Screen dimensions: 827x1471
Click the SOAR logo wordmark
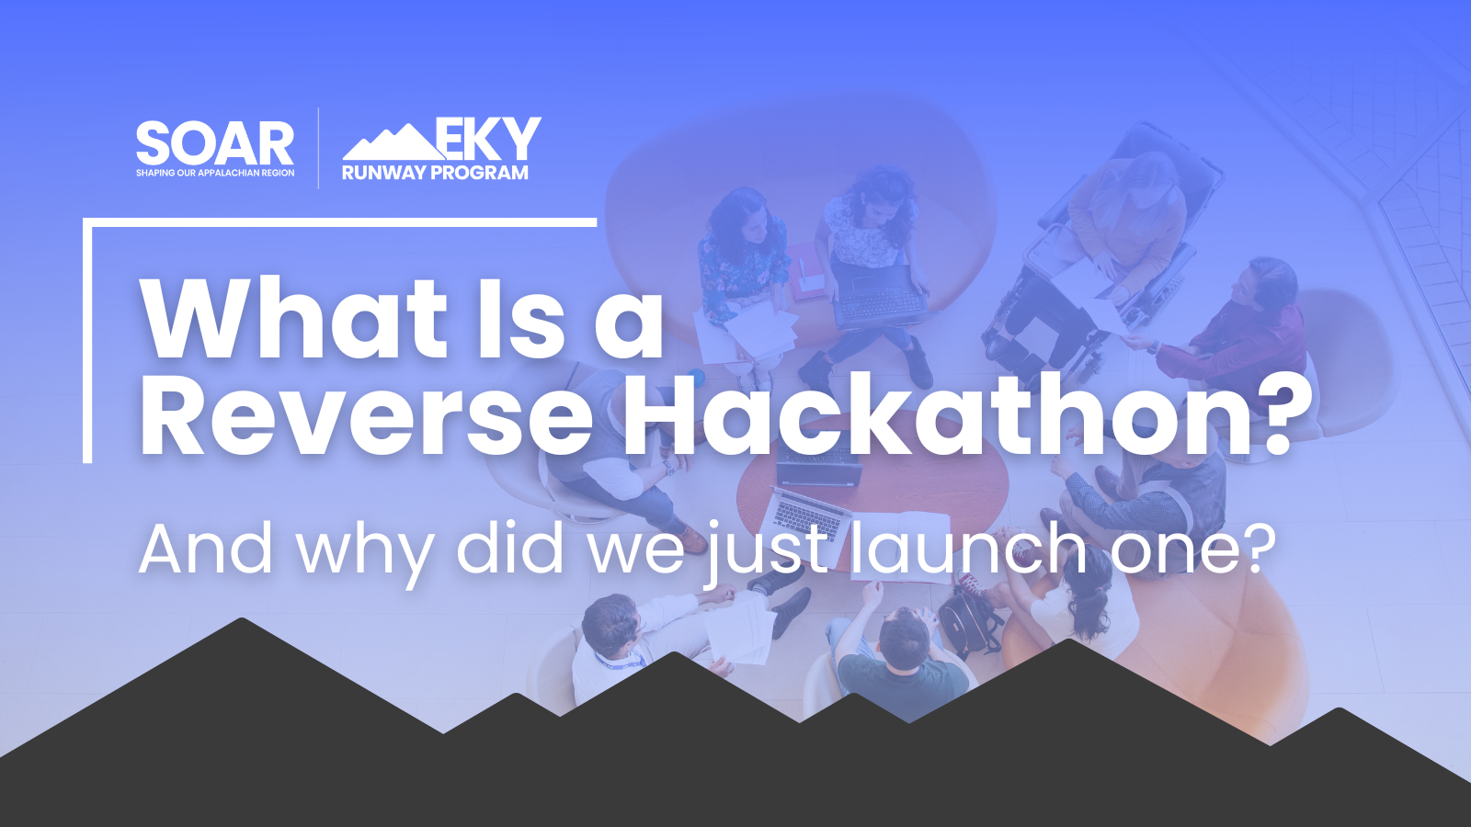tap(215, 143)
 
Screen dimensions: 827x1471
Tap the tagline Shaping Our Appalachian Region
tap(215, 173)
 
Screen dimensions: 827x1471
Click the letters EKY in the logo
tap(488, 139)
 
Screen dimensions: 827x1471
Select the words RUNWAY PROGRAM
tap(435, 173)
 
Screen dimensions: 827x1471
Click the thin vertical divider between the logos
tap(319, 148)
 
